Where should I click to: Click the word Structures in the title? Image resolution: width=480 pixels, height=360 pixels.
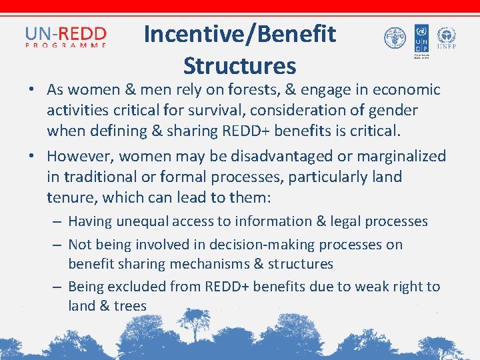(x=239, y=66)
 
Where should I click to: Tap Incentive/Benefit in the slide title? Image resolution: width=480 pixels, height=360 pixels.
(x=239, y=34)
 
